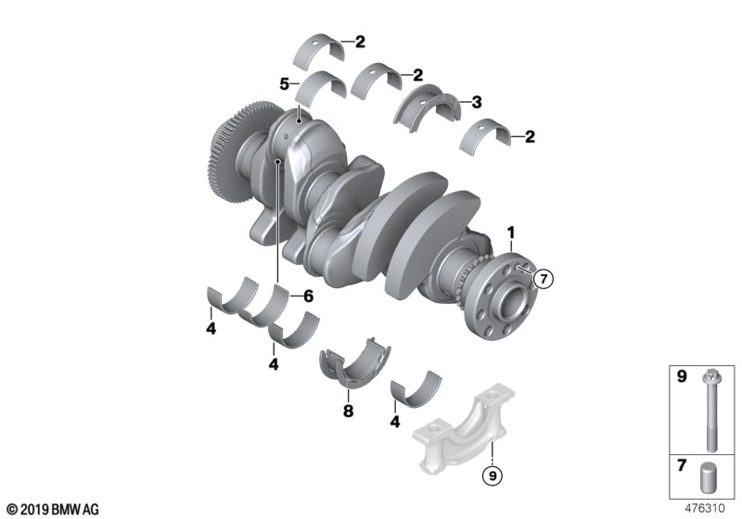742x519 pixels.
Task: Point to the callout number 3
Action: (x=476, y=101)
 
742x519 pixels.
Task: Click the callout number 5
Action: (x=285, y=84)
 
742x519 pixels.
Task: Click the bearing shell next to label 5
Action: (x=321, y=85)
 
